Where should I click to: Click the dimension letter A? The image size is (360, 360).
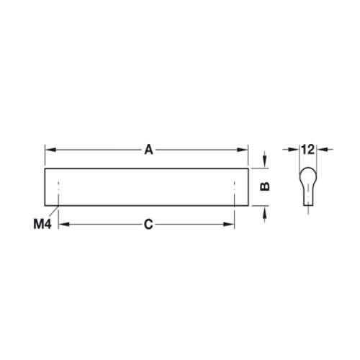[x=148, y=150]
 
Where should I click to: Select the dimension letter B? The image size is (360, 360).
[x=264, y=186]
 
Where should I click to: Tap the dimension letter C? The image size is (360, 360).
[x=148, y=225]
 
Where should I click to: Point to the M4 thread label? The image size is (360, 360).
[x=42, y=225]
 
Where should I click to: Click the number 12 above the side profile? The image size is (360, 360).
[x=307, y=150]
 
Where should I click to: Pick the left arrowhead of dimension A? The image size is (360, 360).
[x=49, y=150]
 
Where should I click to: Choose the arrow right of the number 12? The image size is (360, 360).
[x=321, y=150]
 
